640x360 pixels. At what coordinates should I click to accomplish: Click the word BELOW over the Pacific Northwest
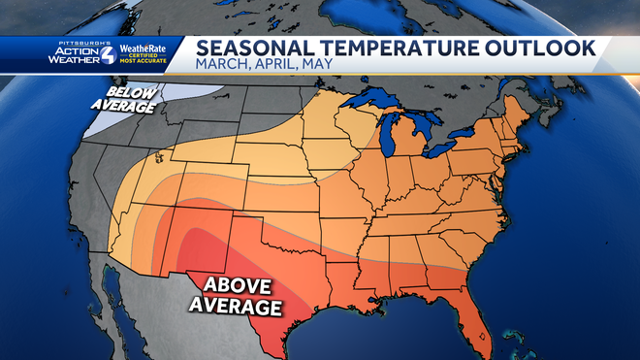pyautogui.click(x=122, y=87)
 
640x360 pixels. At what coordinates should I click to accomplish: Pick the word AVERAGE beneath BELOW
pyautogui.click(x=122, y=105)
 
